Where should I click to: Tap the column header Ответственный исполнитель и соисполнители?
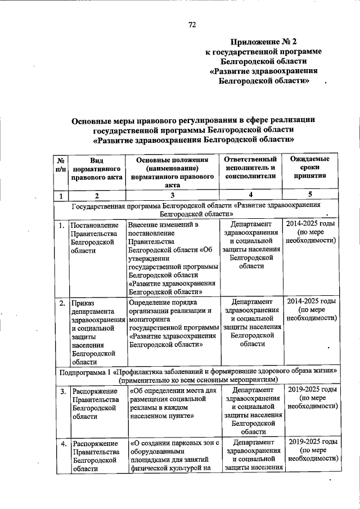(251, 168)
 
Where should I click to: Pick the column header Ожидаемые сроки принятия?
(310, 168)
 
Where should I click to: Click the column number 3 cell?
(172, 195)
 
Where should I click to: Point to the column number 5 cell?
(310, 195)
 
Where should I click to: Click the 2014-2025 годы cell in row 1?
(310, 233)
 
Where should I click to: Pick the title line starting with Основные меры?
(193, 120)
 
